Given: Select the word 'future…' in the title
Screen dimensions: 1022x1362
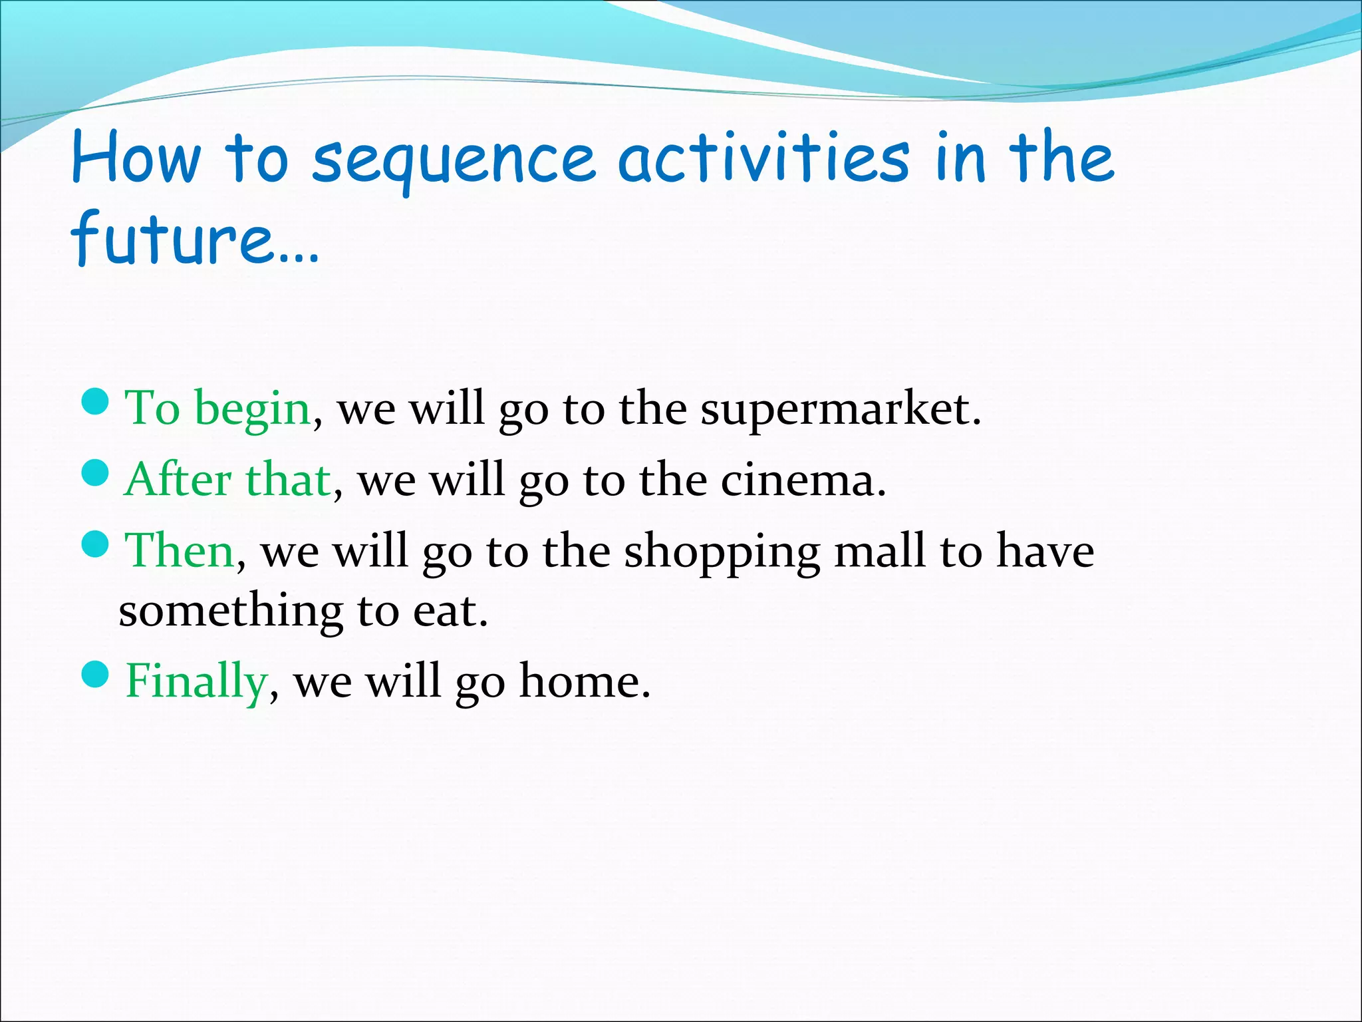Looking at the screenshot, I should [195, 238].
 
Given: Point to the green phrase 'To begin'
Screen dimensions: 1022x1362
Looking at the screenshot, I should [218, 408].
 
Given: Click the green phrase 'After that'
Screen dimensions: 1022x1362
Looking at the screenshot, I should [228, 479].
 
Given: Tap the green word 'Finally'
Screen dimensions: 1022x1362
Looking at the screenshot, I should [197, 681].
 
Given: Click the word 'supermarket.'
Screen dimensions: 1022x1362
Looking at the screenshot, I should [841, 409].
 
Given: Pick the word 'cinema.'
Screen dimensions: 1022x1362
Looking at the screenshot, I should [803, 480].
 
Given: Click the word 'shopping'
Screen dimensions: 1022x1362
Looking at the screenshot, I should [722, 552].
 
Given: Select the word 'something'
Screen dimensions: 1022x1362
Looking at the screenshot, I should [231, 611].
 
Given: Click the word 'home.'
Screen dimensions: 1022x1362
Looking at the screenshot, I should [584, 681].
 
